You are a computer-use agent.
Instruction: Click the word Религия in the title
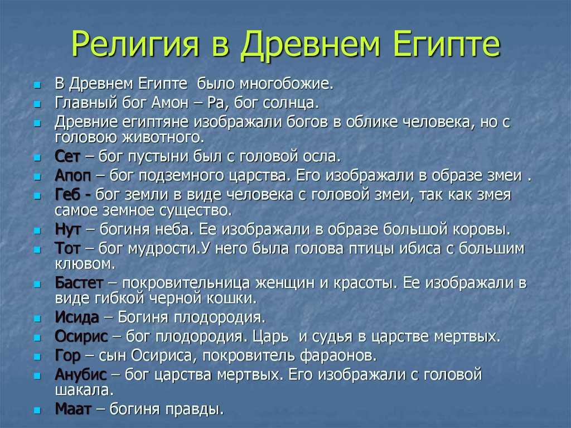(x=135, y=44)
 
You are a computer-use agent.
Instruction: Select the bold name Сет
(x=67, y=156)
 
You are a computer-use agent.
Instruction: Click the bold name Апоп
(x=73, y=176)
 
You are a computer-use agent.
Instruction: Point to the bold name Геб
(x=67, y=195)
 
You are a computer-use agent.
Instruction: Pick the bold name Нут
(x=67, y=229)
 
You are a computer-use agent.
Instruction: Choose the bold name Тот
(x=67, y=248)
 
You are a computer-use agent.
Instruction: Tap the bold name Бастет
(x=79, y=283)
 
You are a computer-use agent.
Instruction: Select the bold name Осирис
(x=81, y=336)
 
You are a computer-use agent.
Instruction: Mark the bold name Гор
(x=67, y=356)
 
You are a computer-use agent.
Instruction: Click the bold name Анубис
(x=80, y=375)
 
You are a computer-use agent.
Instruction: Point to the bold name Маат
(x=73, y=410)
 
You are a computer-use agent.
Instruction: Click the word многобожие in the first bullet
(x=286, y=84)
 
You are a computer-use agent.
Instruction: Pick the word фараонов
(x=338, y=356)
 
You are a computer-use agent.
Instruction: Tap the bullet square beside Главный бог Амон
(x=37, y=104)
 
